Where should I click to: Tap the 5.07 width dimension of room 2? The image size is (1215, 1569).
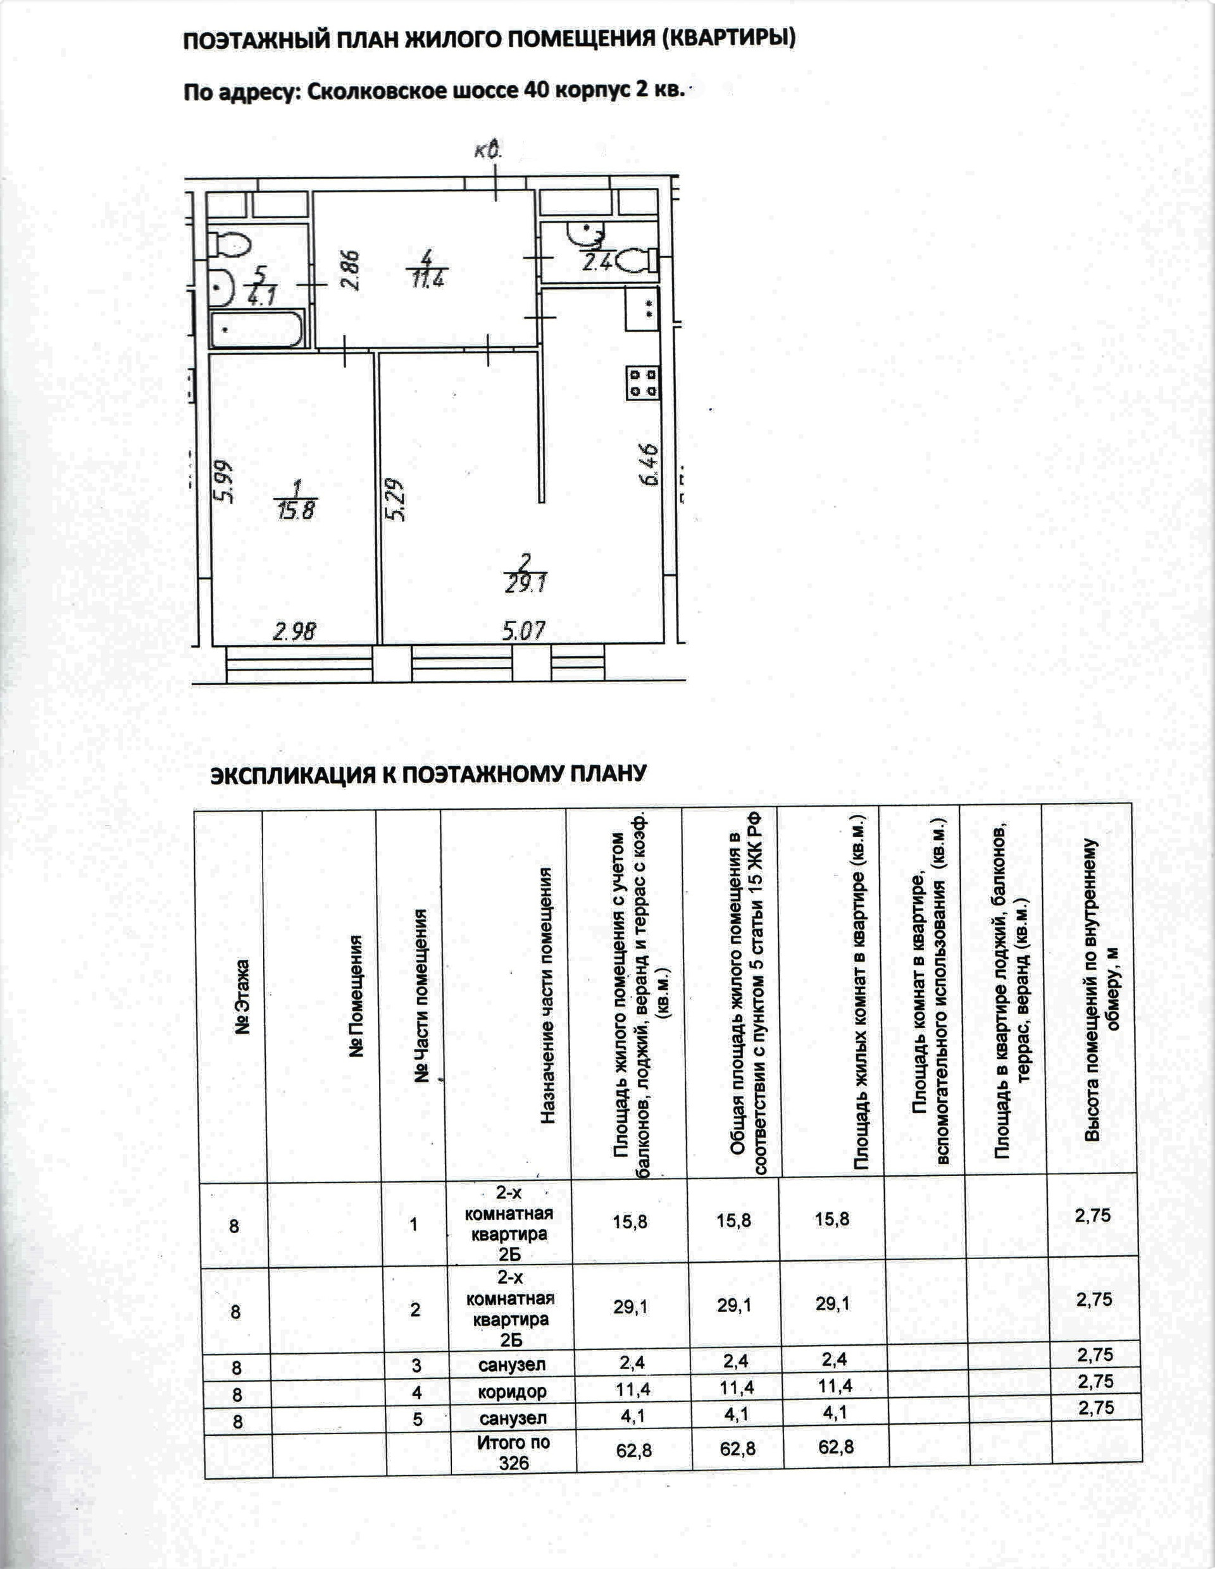(525, 631)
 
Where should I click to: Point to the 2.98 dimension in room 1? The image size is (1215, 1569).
(295, 632)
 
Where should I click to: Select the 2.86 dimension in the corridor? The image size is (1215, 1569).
(351, 269)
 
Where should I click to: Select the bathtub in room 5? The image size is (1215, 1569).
(256, 330)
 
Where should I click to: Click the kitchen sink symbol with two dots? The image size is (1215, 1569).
(642, 309)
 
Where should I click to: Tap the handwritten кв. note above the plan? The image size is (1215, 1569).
(488, 150)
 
